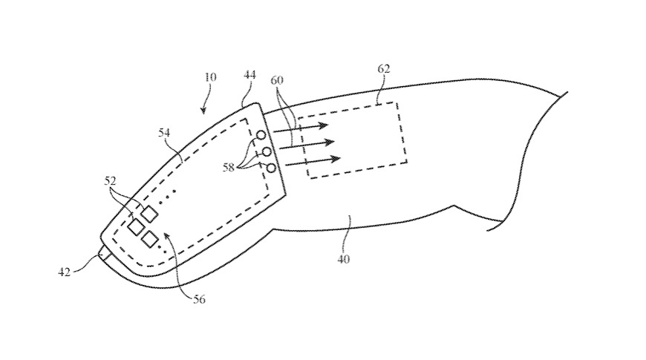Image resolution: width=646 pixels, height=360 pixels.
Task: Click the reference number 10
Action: point(211,77)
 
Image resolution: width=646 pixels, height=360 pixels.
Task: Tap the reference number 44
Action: point(249,75)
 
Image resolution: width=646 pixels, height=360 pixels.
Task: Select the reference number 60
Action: point(277,80)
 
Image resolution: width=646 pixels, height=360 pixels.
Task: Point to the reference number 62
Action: point(383,69)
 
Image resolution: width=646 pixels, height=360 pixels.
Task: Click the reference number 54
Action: point(164,132)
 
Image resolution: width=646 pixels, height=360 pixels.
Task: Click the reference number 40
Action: point(344,259)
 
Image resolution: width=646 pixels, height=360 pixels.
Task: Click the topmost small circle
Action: point(261,136)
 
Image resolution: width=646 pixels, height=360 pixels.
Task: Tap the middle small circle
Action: point(267,152)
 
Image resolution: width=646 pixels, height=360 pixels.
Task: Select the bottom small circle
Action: point(271,168)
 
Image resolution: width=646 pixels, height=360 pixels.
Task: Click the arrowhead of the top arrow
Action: point(325,125)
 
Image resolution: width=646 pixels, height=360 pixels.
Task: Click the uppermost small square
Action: point(150,214)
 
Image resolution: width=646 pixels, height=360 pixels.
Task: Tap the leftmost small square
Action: point(135,226)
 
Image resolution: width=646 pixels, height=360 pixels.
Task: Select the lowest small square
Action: point(150,239)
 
